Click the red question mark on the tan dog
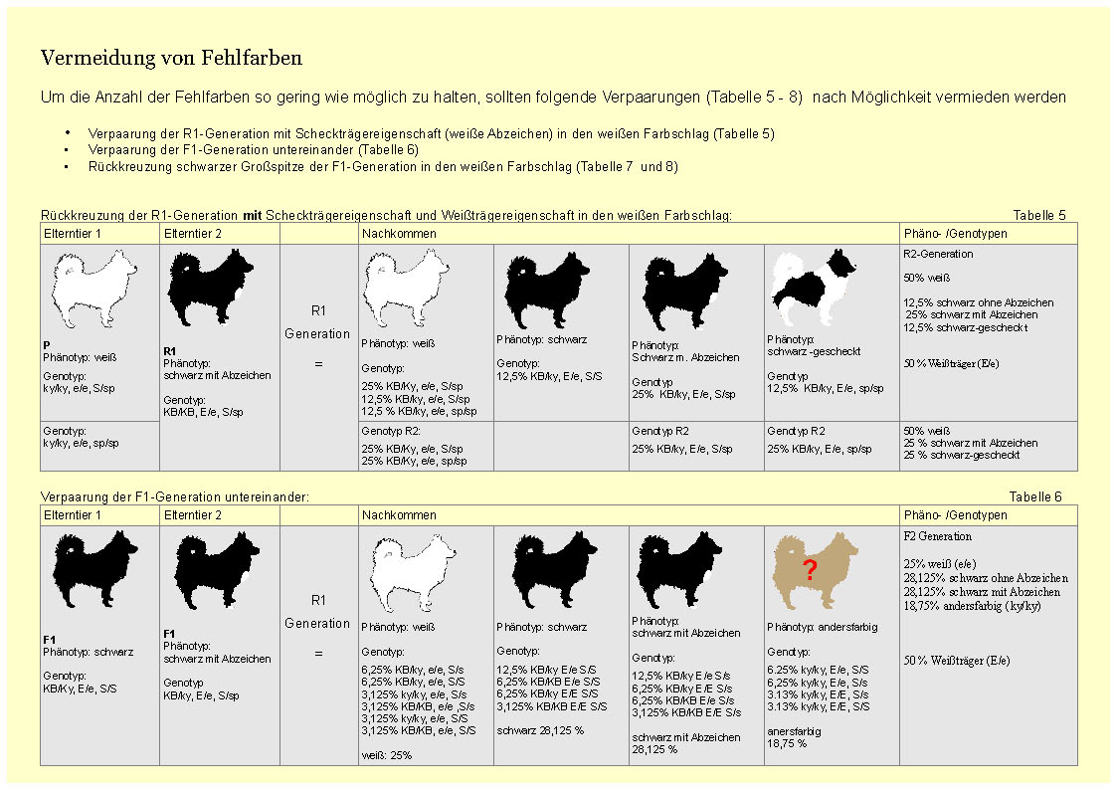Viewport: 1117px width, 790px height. coord(810,570)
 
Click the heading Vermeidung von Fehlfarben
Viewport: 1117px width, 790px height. coord(171,59)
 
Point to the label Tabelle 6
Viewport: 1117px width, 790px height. coord(1034,496)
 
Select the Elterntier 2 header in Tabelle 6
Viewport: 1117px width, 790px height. coord(192,515)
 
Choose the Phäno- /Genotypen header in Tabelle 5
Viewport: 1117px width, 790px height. coord(955,234)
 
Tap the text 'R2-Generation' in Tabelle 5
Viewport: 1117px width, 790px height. coord(938,254)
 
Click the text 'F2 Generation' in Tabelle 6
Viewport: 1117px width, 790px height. coord(937,536)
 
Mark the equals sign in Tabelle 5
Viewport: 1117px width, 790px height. coord(318,364)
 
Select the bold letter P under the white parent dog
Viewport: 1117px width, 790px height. coord(47,344)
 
